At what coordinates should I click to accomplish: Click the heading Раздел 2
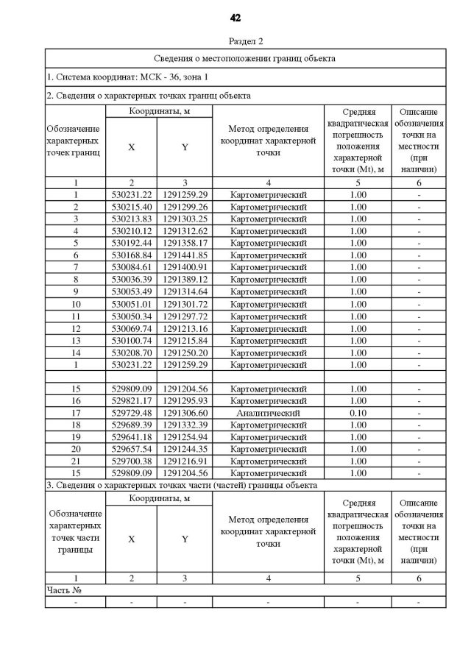(246, 41)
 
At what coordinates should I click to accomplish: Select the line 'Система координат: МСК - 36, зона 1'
(127, 77)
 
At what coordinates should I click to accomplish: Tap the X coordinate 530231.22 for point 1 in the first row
(131, 195)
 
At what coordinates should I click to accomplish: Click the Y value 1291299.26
(185, 207)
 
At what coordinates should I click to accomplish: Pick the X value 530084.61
(131, 267)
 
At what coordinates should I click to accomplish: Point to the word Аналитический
(268, 413)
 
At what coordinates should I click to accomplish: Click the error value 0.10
(358, 413)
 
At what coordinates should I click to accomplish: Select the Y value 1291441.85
(185, 255)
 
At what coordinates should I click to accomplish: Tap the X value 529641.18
(131, 437)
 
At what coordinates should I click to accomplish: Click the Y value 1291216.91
(185, 461)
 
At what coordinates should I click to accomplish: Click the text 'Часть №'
(63, 590)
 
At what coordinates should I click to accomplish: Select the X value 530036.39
(131, 280)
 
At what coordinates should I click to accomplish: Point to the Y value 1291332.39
(185, 425)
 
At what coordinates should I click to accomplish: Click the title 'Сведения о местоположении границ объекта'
(245, 58)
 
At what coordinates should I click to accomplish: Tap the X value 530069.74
(131, 328)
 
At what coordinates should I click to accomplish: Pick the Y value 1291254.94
(185, 437)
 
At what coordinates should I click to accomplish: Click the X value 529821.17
(131, 401)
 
